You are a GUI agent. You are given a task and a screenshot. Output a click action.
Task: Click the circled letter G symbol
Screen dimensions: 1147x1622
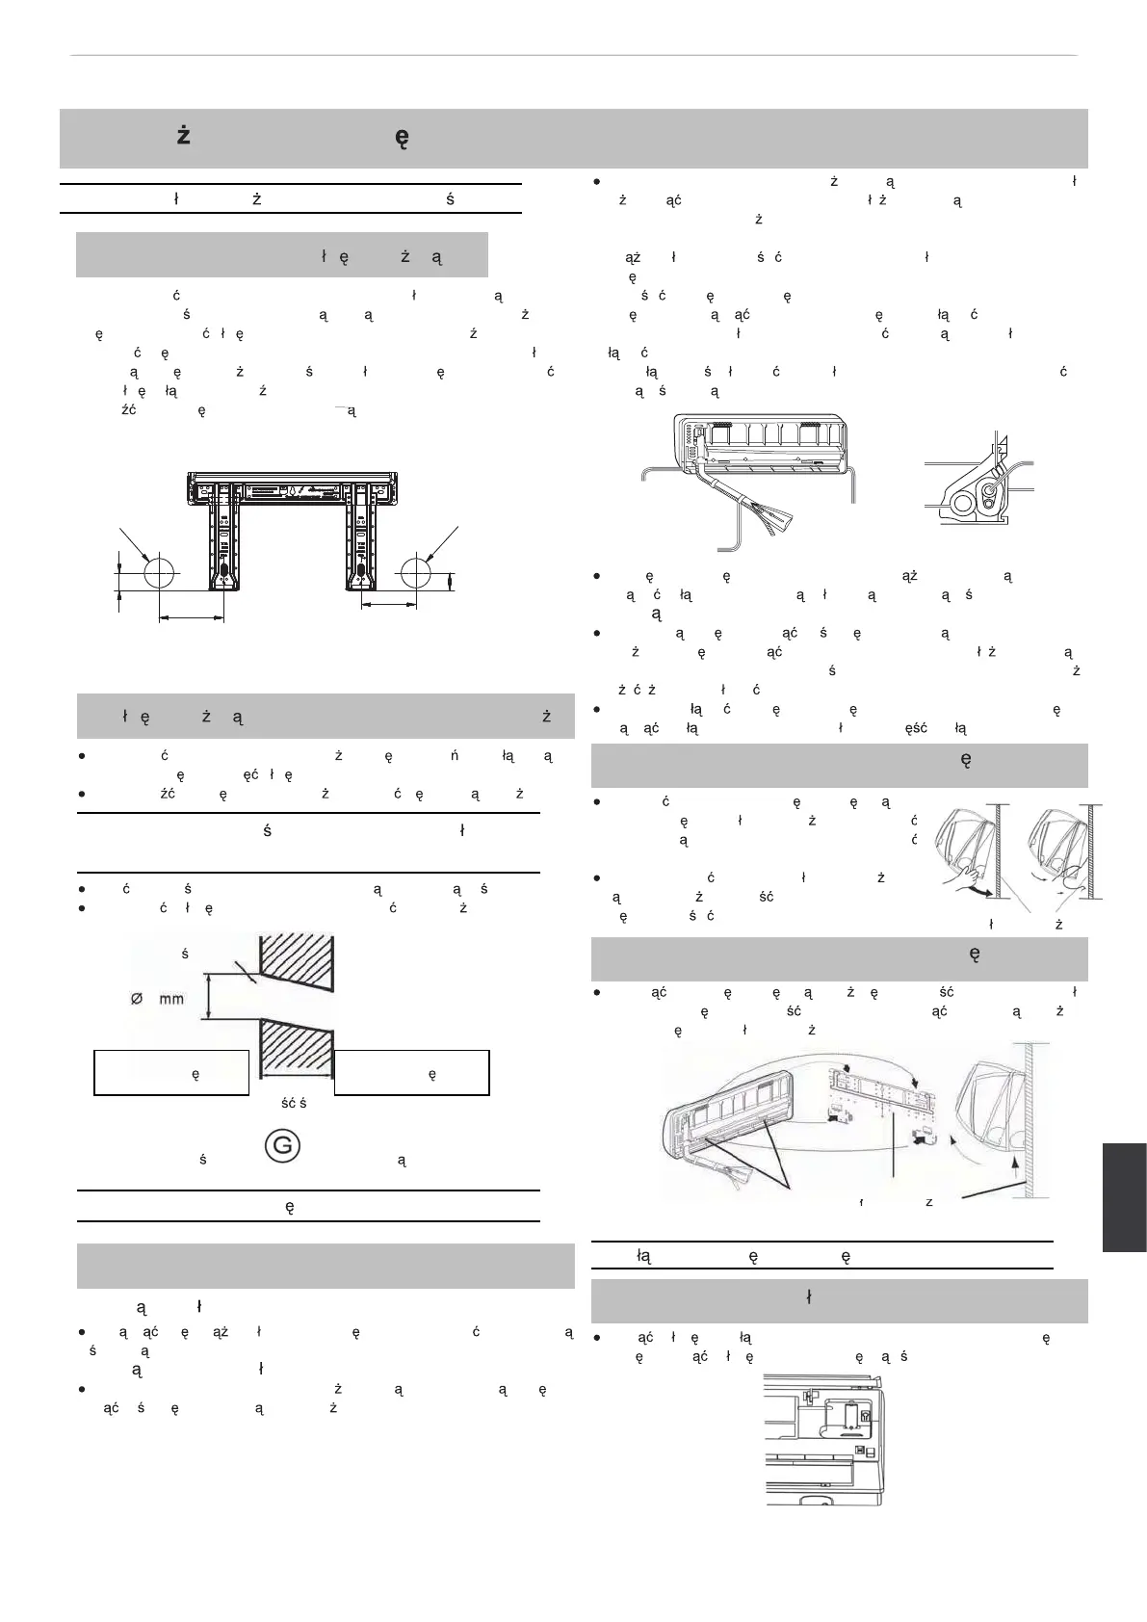pos(278,1146)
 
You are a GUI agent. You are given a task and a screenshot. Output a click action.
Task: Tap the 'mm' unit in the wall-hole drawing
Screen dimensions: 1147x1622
pos(170,998)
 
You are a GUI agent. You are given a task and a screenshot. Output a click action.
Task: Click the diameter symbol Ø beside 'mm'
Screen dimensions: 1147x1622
pos(138,998)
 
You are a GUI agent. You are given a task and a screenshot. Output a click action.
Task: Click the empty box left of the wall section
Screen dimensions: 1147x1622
pos(171,1073)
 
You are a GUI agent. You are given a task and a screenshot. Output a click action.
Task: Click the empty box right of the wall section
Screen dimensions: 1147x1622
pos(412,1073)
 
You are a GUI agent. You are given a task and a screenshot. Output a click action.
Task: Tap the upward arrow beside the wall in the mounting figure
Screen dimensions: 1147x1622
pos(1016,1165)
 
